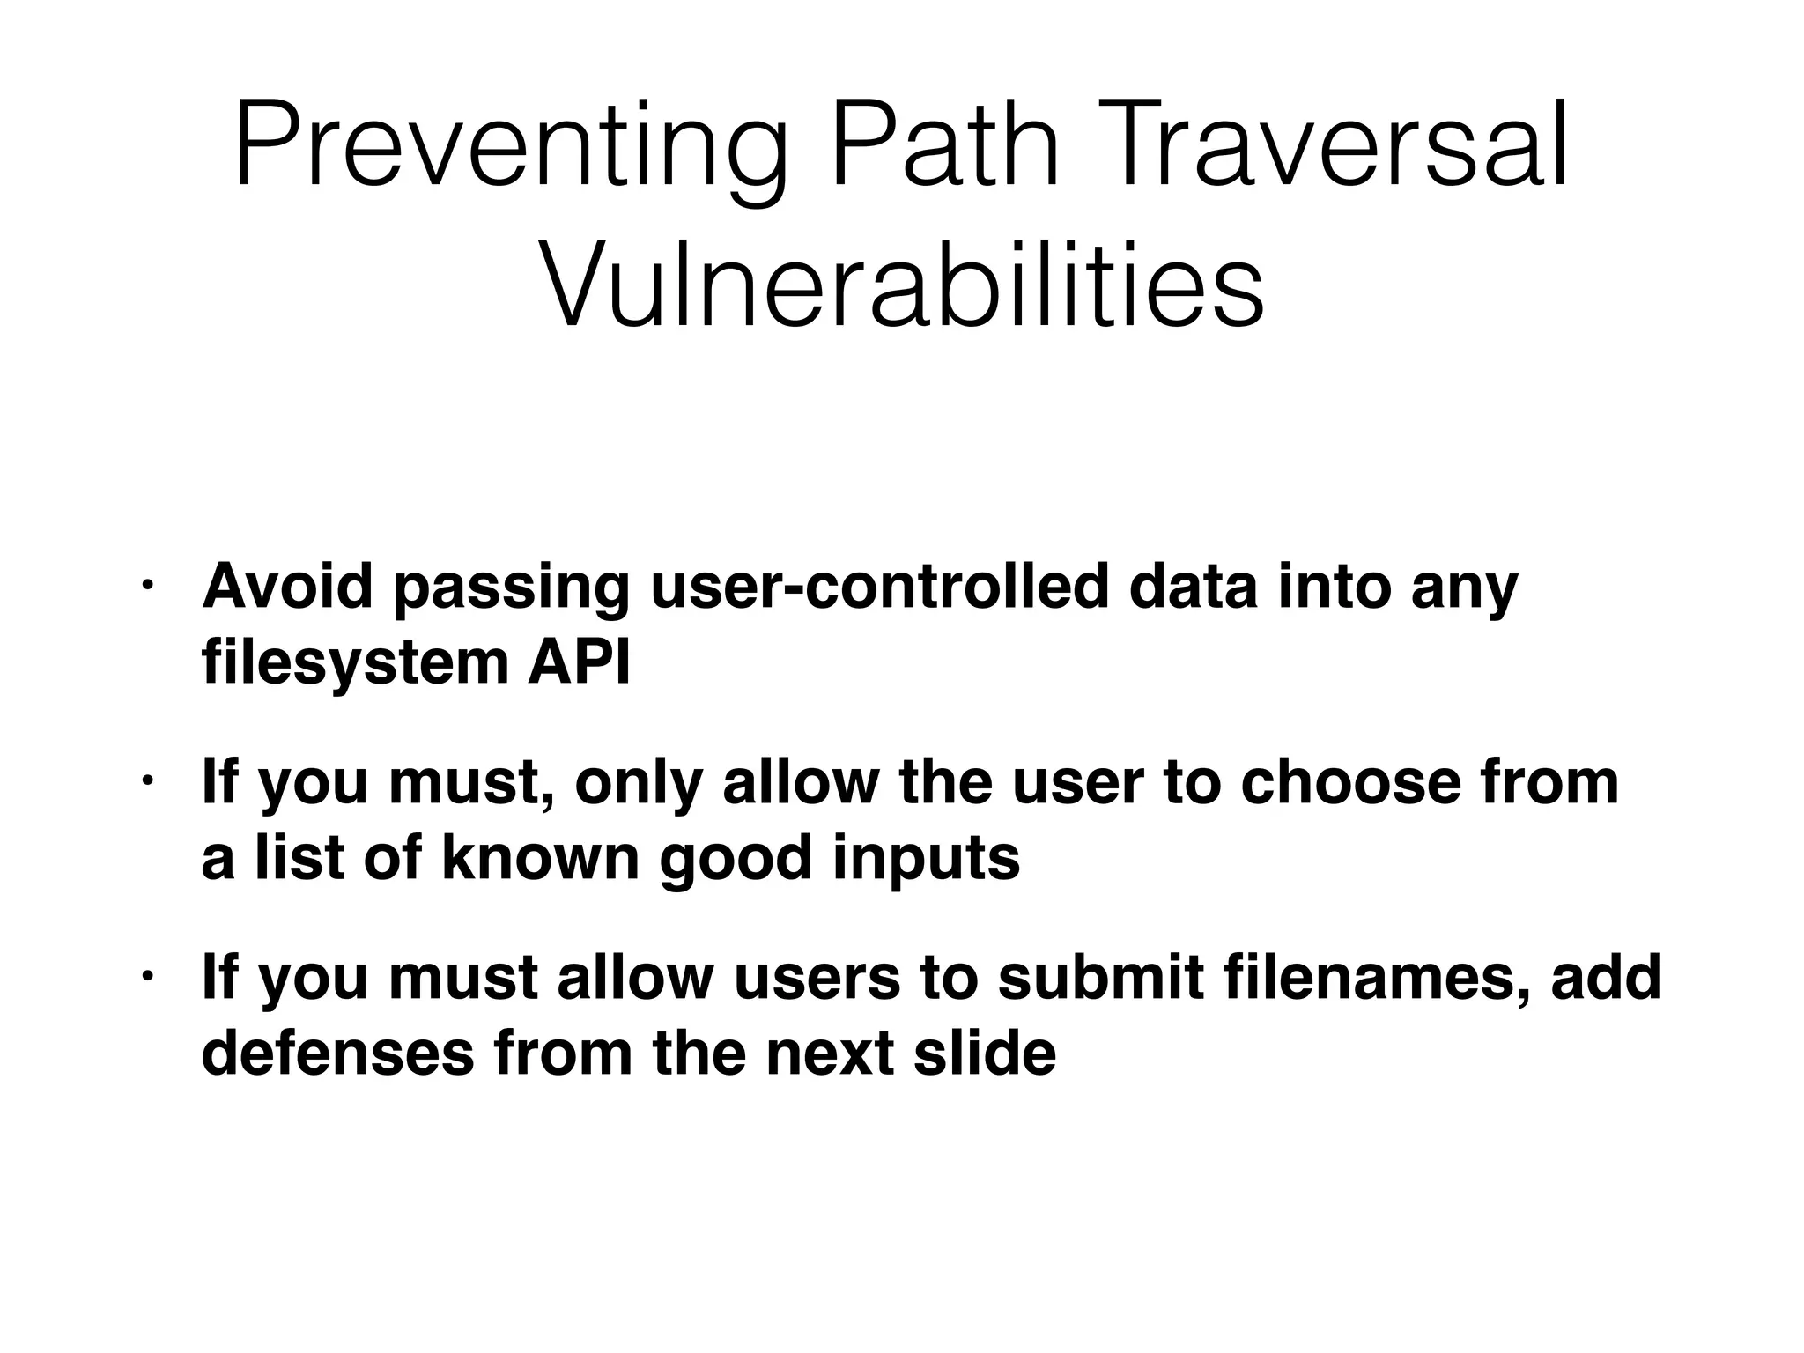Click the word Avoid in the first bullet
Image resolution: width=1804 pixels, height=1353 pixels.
(x=287, y=587)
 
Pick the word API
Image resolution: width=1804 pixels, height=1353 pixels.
(x=579, y=662)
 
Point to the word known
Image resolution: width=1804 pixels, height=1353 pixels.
(x=539, y=858)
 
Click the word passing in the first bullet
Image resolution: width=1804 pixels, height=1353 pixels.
(x=512, y=588)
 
